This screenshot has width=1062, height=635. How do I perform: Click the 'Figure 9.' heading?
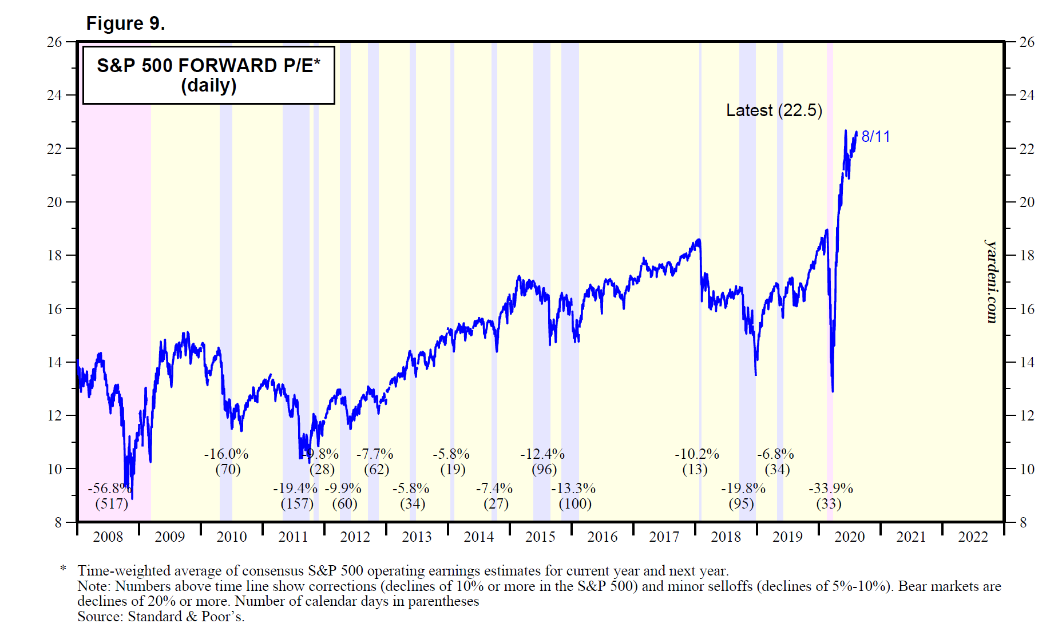tap(125, 23)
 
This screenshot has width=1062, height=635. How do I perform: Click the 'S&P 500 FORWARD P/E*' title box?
tap(208, 75)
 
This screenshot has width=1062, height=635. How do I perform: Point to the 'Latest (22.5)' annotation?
tap(774, 110)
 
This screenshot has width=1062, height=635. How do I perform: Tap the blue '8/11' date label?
tap(875, 136)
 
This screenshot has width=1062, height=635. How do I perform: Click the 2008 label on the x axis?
tap(108, 537)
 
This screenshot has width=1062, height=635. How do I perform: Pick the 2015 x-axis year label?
tap(540, 537)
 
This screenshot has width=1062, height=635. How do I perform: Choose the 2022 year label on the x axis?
tap(973, 537)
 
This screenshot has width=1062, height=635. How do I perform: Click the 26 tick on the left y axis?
tap(54, 42)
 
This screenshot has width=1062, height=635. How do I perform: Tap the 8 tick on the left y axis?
tap(58, 522)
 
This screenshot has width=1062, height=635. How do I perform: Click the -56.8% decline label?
tap(109, 489)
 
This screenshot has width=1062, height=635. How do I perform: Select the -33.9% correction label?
tap(830, 489)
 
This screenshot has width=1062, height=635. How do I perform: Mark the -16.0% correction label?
tap(226, 454)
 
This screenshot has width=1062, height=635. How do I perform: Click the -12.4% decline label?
tap(542, 454)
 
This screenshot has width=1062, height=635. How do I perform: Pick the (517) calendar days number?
tap(111, 504)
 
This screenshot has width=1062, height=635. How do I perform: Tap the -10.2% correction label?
tap(696, 454)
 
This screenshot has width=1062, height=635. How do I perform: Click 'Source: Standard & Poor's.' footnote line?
tap(161, 617)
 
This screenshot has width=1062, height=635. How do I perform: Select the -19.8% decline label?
tap(743, 489)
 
